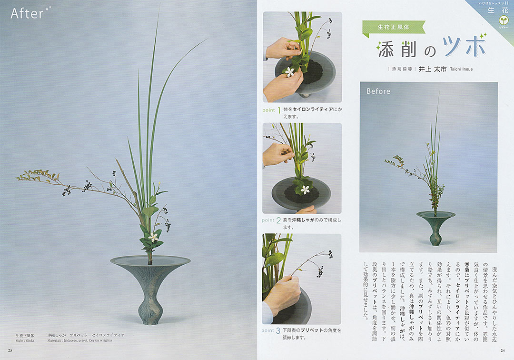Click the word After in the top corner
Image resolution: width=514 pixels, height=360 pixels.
click(27, 13)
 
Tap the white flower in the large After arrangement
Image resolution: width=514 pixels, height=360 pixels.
click(153, 236)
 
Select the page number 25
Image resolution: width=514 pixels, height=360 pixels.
click(10, 351)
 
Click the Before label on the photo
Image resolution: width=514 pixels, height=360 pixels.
click(378, 91)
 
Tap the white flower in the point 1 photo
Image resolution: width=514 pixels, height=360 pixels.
click(289, 71)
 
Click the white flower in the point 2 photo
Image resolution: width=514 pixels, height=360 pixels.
click(303, 189)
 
